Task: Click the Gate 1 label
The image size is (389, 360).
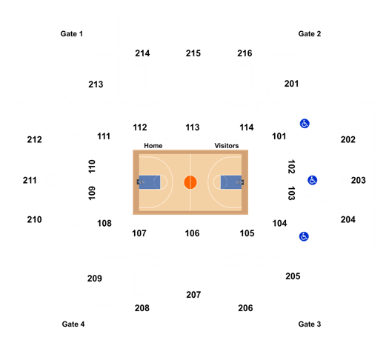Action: (x=71, y=34)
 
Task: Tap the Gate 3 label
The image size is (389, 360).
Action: (x=310, y=324)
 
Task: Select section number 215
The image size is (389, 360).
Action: (x=193, y=53)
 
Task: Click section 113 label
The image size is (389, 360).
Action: (x=193, y=127)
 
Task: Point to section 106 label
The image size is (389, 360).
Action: (x=192, y=233)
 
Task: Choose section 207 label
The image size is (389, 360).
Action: (x=193, y=295)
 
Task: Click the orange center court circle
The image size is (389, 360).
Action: (x=190, y=182)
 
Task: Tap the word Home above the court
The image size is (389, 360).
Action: (x=153, y=146)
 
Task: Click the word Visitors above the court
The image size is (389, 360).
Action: (x=227, y=146)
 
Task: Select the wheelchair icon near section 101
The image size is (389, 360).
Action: (x=305, y=124)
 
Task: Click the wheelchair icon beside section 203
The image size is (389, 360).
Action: (x=313, y=180)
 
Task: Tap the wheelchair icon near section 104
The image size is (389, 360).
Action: (x=304, y=236)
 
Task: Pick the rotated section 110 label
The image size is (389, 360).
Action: (x=92, y=167)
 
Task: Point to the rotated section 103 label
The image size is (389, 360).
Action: (x=291, y=193)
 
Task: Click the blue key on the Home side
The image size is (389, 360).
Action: (x=150, y=182)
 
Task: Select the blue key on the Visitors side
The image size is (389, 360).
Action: (x=231, y=182)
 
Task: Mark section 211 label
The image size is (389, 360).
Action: (x=30, y=180)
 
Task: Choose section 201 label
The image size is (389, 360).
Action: (x=291, y=84)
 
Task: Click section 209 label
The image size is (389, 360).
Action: (x=95, y=279)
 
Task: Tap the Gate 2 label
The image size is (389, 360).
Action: (x=310, y=34)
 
